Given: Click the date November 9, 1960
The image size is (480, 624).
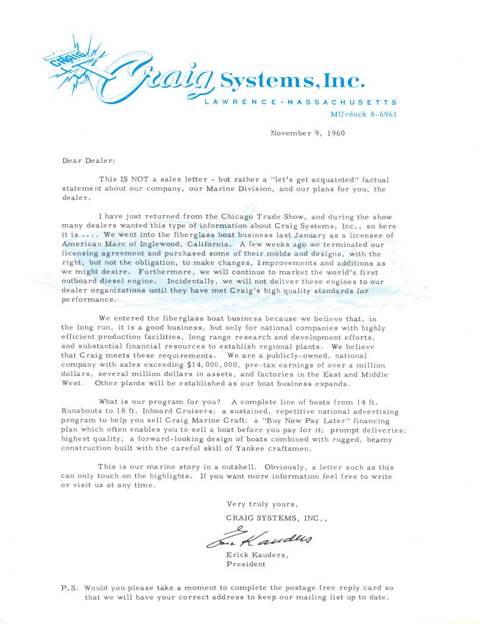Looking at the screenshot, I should coord(308,133).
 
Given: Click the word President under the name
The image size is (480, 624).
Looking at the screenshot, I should coord(246,564).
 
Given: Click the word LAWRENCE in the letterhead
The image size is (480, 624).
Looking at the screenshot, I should coord(236,102).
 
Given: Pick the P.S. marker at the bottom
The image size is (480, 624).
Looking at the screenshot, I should coord(69,588).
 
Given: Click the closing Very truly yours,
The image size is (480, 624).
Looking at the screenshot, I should coord(262,504).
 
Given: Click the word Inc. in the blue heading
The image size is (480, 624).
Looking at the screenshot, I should coord(344,80).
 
